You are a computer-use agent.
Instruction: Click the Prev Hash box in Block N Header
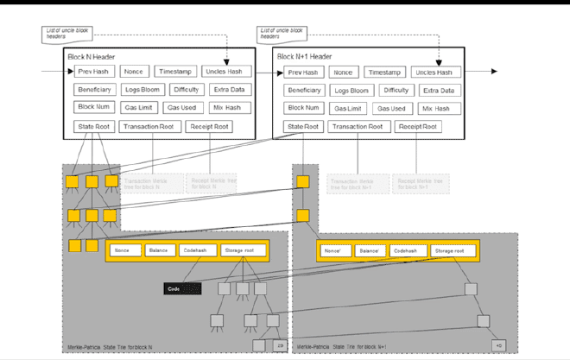(95, 72)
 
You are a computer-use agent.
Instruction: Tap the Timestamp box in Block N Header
(175, 72)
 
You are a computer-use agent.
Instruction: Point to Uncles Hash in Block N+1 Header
(436, 73)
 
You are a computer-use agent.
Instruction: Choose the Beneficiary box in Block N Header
(95, 90)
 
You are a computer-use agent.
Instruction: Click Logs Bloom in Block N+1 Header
(352, 91)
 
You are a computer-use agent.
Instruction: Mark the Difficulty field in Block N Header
(187, 90)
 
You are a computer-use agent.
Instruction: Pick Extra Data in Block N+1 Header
(439, 91)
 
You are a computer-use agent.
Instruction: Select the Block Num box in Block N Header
(93, 108)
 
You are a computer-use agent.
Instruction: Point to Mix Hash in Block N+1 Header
(436, 109)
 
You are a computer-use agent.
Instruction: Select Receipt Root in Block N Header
(210, 127)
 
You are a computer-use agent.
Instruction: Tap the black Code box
(182, 288)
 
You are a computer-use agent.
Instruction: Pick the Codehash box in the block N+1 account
(406, 251)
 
